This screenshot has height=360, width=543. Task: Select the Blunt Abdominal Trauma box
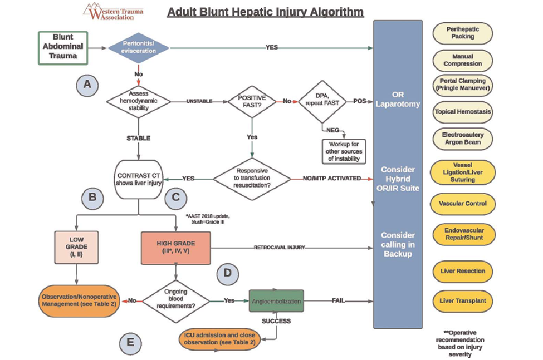pos(62,47)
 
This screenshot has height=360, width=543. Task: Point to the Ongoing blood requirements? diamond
pos(177,301)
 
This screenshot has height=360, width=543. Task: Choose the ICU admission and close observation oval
pos(220,339)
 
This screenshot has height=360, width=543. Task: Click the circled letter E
pos(130,342)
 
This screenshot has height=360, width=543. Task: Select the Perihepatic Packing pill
pos(462,33)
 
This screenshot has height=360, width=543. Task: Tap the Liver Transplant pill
pos(462,301)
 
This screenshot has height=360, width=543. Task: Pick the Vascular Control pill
pos(462,204)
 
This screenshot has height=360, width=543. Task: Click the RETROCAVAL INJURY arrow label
pos(280,247)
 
